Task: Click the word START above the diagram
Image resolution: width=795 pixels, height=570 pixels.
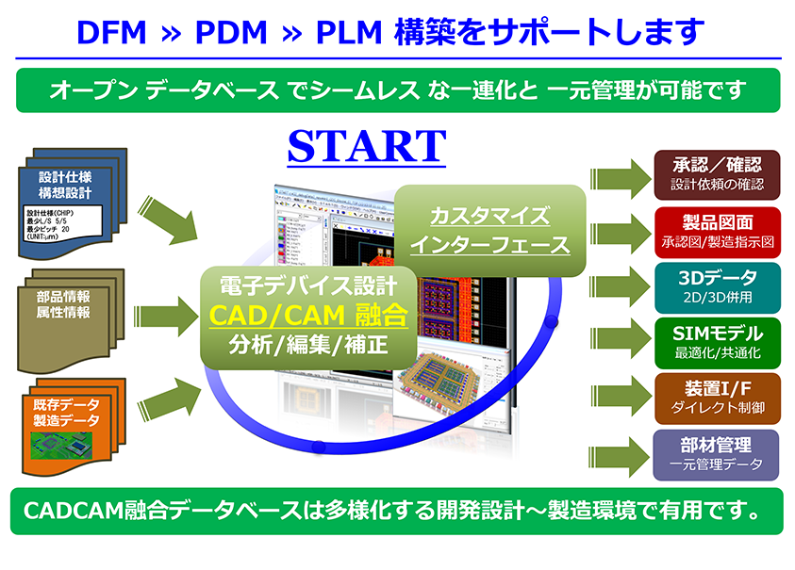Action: pyautogui.click(x=366, y=146)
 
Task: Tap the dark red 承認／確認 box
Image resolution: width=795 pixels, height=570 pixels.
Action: pyautogui.click(x=718, y=173)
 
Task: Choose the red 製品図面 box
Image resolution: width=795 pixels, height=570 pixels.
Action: pyautogui.click(x=718, y=229)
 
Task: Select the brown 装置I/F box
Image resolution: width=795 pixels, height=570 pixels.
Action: pyautogui.click(x=718, y=398)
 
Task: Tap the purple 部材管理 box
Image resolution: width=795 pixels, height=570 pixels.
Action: pyautogui.click(x=718, y=453)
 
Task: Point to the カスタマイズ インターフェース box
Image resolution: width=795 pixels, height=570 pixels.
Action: pyautogui.click(x=489, y=231)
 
